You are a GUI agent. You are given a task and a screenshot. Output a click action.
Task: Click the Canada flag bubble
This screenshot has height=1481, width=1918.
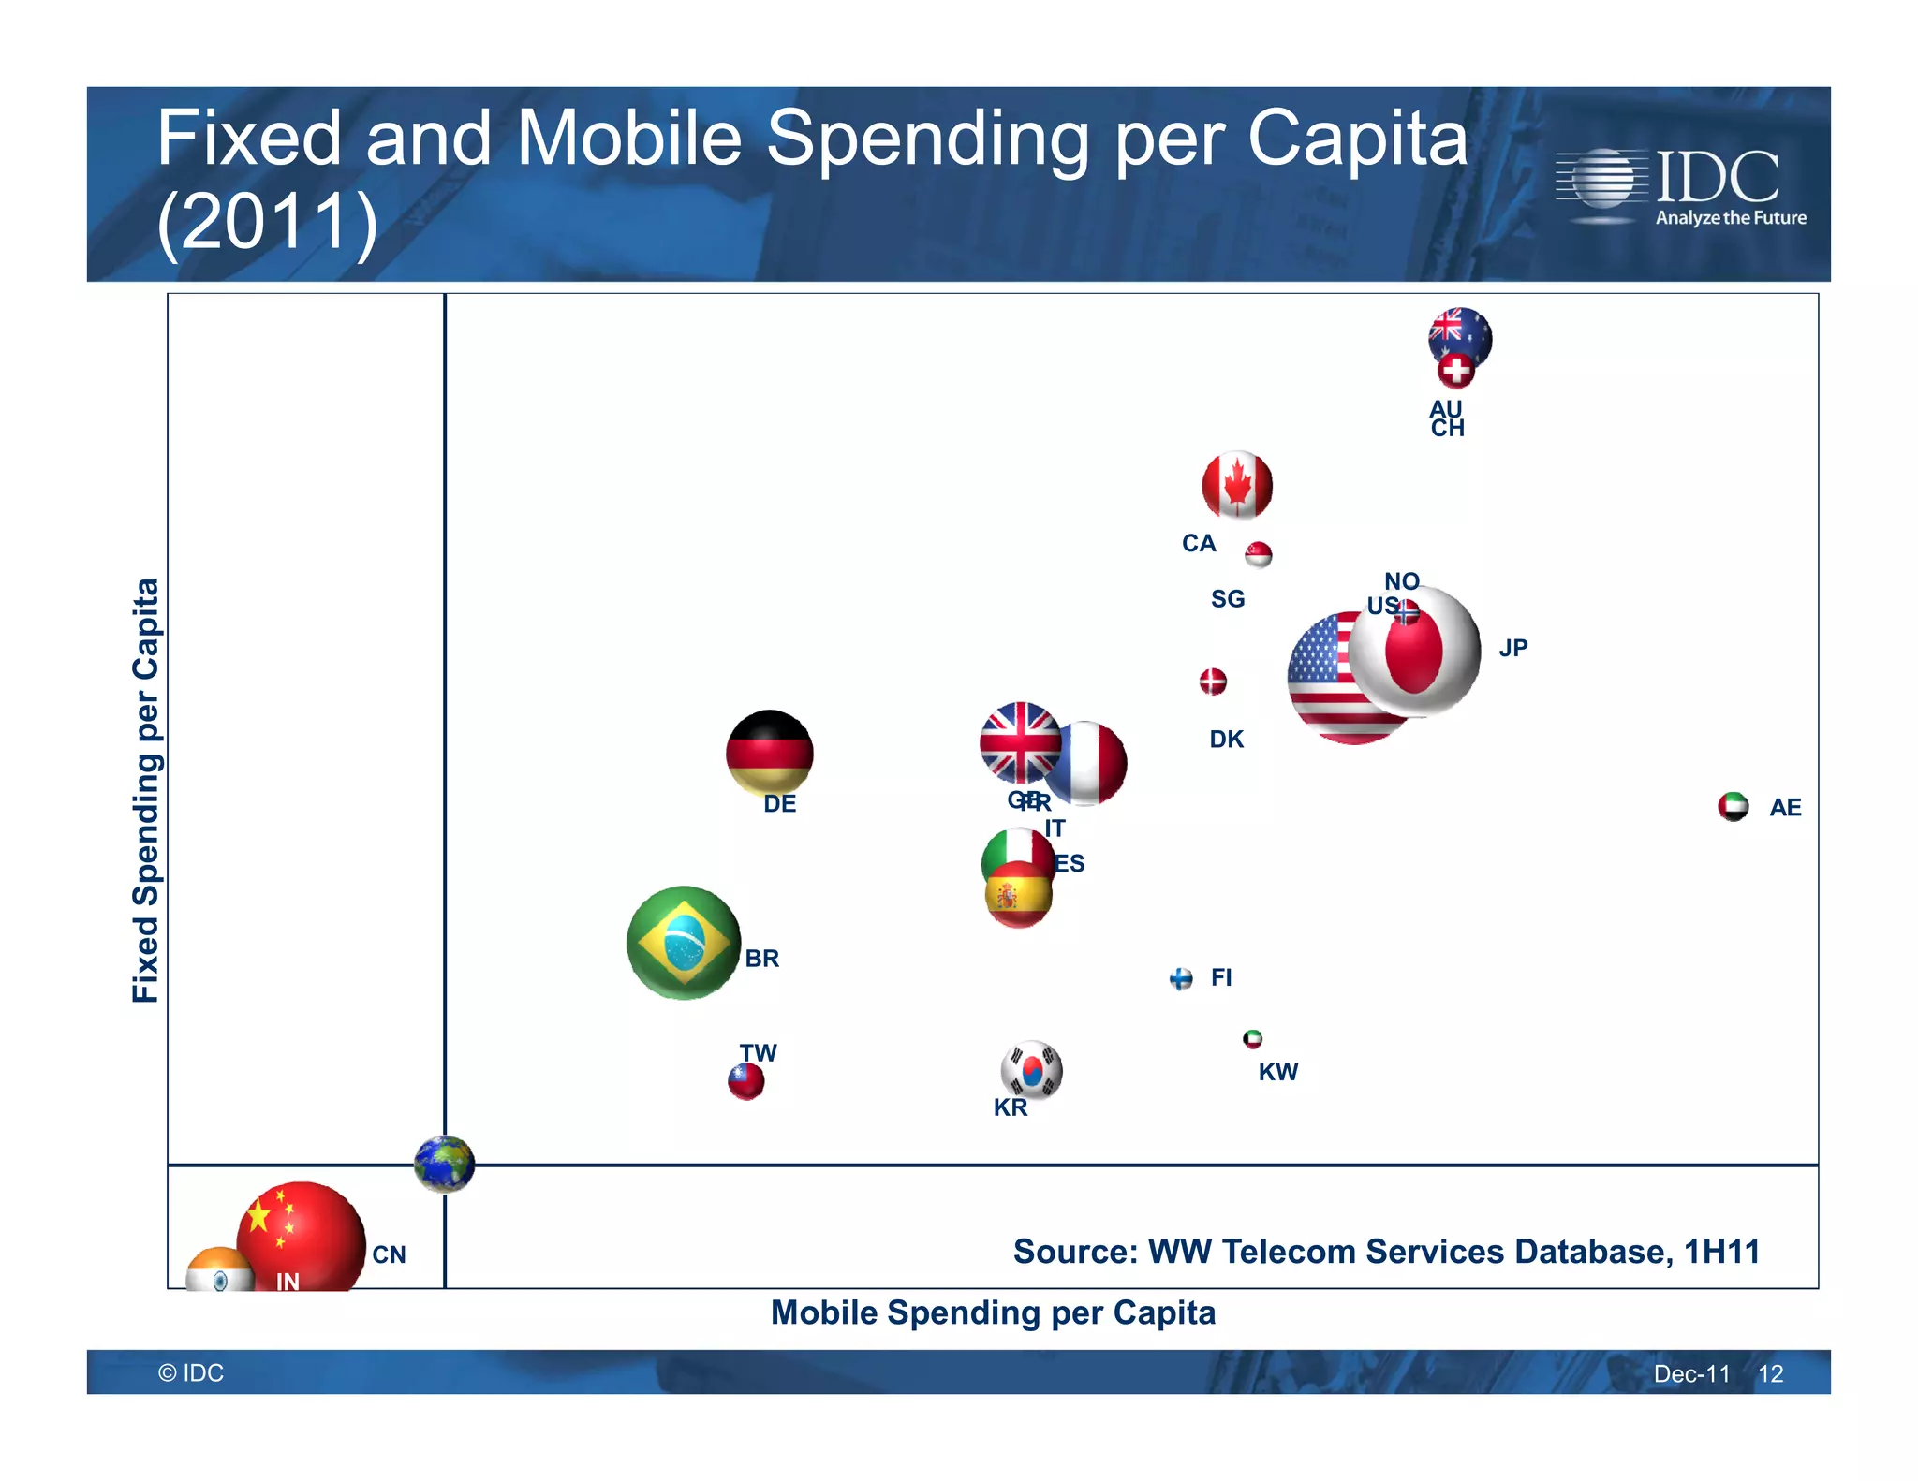click(x=1237, y=486)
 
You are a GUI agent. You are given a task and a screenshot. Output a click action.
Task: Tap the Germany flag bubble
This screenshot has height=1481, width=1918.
click(x=770, y=753)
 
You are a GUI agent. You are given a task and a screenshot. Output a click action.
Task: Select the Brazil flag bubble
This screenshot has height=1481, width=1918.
click(x=684, y=943)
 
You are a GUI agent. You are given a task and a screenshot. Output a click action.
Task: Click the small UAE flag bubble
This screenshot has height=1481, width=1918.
click(x=1734, y=806)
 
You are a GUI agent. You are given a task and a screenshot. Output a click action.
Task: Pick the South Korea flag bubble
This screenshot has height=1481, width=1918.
click(x=1031, y=1070)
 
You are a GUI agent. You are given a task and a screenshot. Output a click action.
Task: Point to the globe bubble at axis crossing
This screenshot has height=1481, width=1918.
click(x=445, y=1164)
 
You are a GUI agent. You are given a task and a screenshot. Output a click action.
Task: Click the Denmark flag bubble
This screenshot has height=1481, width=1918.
click(x=1213, y=682)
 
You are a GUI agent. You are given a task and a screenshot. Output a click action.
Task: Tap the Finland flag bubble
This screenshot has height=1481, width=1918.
click(x=1181, y=979)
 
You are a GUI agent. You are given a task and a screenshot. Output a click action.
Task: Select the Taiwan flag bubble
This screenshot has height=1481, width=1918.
click(x=746, y=1081)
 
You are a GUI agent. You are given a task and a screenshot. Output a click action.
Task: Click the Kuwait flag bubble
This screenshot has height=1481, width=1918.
click(x=1252, y=1039)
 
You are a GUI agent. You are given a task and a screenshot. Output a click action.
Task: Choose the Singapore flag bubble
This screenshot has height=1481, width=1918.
click(x=1259, y=554)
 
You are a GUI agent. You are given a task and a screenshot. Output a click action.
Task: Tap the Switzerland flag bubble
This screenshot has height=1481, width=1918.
click(x=1455, y=371)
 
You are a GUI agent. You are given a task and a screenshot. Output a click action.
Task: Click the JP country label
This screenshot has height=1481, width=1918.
click(x=1512, y=648)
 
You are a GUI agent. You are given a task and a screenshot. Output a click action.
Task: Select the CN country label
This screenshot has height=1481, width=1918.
click(x=389, y=1254)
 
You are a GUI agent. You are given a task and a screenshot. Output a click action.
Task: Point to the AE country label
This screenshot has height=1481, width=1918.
click(x=1785, y=807)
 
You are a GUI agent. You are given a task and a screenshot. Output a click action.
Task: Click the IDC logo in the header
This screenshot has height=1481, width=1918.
click(x=1680, y=186)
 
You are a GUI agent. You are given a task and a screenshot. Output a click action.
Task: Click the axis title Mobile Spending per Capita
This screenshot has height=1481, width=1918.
click(x=992, y=1312)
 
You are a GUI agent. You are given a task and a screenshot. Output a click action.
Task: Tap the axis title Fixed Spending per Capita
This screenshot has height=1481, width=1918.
click(x=146, y=790)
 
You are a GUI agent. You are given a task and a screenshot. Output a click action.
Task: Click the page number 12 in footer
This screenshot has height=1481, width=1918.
click(x=1770, y=1373)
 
